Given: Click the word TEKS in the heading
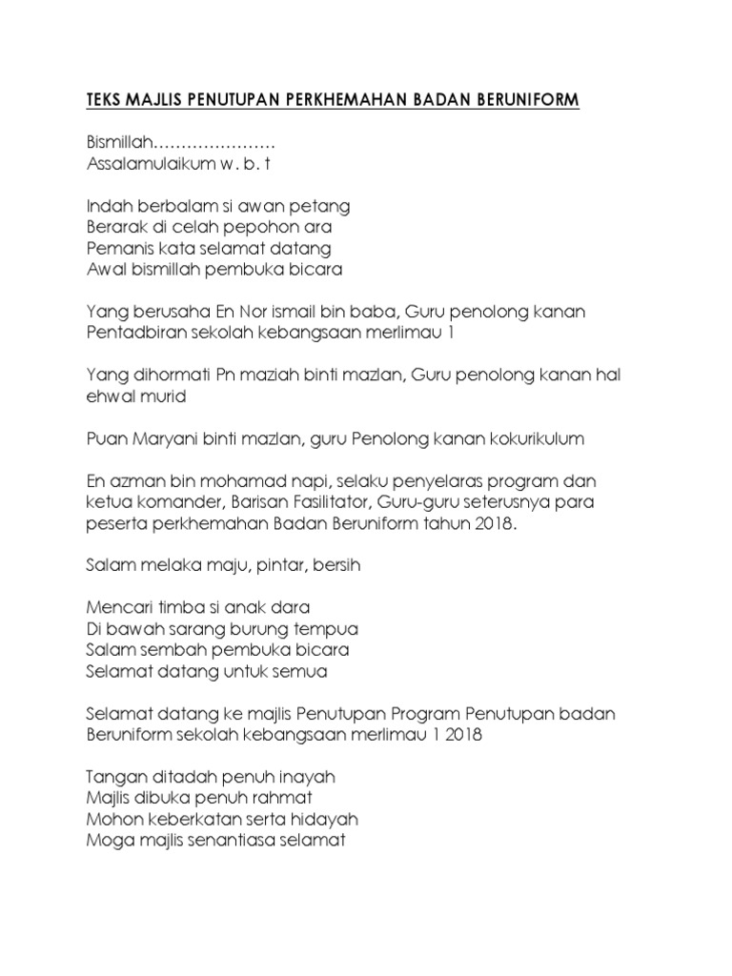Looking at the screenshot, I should point(106,100).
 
